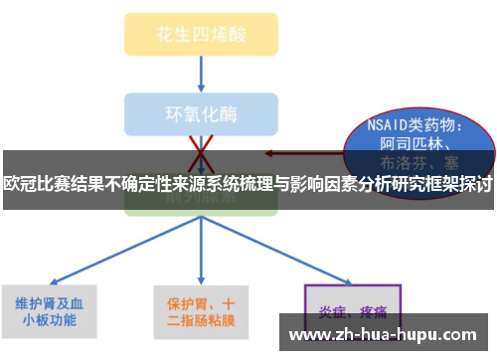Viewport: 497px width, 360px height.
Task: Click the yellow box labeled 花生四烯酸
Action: pyautogui.click(x=200, y=35)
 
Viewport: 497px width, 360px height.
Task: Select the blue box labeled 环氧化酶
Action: pyautogui.click(x=200, y=112)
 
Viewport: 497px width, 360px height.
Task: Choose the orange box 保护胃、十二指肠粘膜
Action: pyautogui.click(x=202, y=312)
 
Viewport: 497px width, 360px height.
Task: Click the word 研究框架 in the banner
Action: pyautogui.click(x=416, y=183)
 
